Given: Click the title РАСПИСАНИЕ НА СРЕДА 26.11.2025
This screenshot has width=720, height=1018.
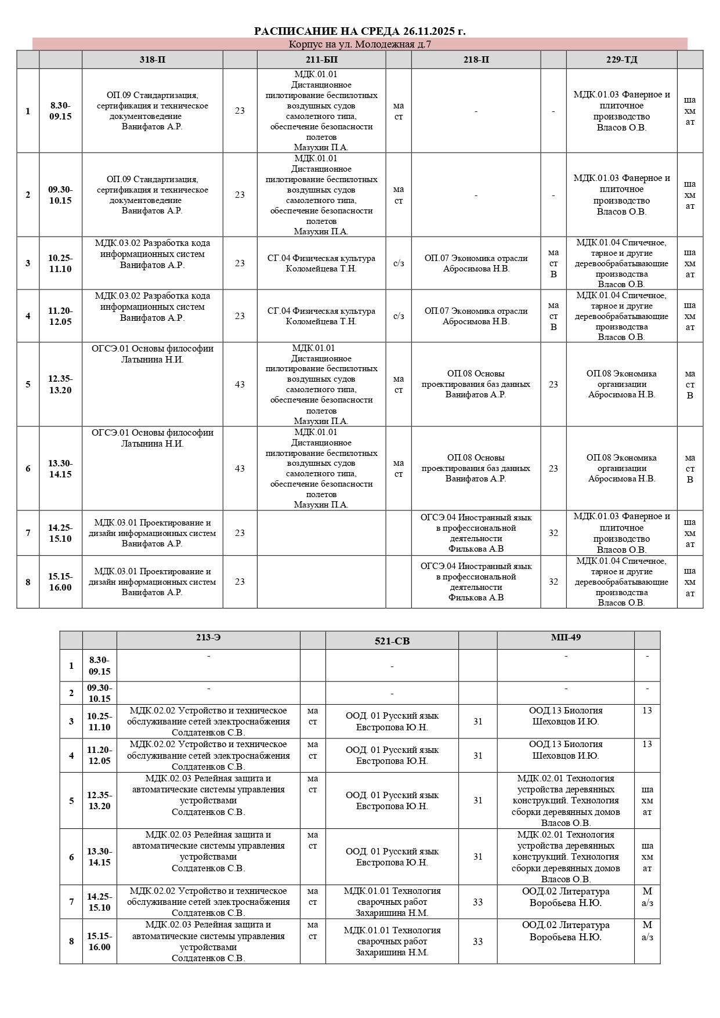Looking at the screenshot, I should pyautogui.click(x=360, y=31).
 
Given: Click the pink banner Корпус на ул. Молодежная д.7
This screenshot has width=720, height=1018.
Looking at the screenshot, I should pyautogui.click(x=360, y=44).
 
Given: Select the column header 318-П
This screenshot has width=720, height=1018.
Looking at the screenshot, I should pyautogui.click(x=152, y=60).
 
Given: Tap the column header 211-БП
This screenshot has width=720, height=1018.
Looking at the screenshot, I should pyautogui.click(x=321, y=60).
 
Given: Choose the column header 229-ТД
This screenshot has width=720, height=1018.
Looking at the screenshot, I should pyautogui.click(x=621, y=60).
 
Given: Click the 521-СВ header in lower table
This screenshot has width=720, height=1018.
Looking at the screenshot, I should pyautogui.click(x=392, y=641).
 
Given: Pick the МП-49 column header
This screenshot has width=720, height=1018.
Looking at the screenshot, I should pyautogui.click(x=565, y=637).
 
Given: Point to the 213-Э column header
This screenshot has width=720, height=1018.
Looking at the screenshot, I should pyautogui.click(x=208, y=637).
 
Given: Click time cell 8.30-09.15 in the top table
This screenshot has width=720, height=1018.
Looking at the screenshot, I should pyautogui.click(x=60, y=111).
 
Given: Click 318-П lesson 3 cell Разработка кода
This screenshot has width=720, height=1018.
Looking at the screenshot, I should pyautogui.click(x=152, y=254).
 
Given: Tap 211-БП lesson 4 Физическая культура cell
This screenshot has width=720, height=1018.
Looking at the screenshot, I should pyautogui.click(x=321, y=316).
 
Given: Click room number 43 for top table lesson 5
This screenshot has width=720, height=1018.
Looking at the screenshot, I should pyautogui.click(x=240, y=385).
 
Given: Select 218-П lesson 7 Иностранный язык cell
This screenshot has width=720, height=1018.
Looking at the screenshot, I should pyautogui.click(x=476, y=533).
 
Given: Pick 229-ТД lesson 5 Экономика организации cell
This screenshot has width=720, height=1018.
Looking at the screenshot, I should pyautogui.click(x=621, y=385).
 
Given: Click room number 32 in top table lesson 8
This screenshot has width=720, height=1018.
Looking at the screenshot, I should pyautogui.click(x=553, y=582).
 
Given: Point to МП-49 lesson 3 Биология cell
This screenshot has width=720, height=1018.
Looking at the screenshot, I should pyautogui.click(x=565, y=716).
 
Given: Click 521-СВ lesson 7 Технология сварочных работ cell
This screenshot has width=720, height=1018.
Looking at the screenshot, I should pyautogui.click(x=392, y=902).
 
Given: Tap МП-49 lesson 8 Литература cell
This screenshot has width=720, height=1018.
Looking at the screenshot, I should pyautogui.click(x=565, y=931).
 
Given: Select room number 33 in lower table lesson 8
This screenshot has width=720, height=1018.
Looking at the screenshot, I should pyautogui.click(x=477, y=941).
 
